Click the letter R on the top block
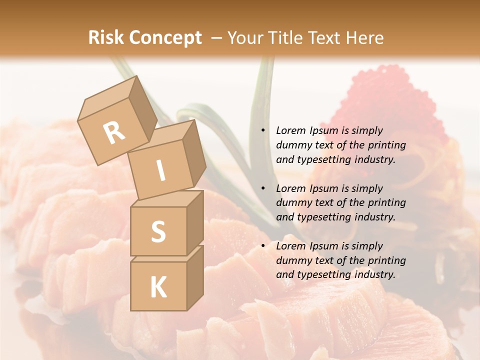pyautogui.click(x=114, y=132)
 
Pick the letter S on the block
pyautogui.click(x=158, y=231)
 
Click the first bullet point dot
pyautogui.click(x=262, y=131)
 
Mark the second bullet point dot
pyautogui.click(x=262, y=189)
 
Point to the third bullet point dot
pyautogui.click(x=262, y=246)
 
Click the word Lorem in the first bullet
pyautogui.click(x=290, y=131)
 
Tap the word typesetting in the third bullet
pyautogui.click(x=322, y=274)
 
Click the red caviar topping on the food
pyautogui.click(x=385, y=100)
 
